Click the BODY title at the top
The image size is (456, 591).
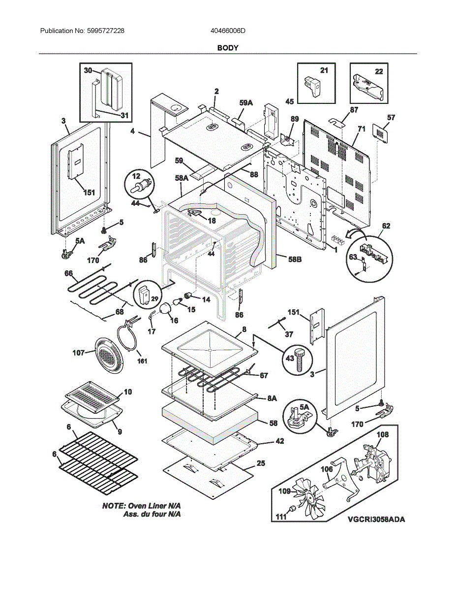point(228,48)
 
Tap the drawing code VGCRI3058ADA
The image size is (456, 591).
point(376,520)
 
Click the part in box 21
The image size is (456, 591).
point(312,87)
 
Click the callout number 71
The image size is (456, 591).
point(362,130)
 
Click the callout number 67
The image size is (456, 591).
point(264,375)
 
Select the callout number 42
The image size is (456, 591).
point(279,441)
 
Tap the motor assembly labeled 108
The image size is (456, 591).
point(375,460)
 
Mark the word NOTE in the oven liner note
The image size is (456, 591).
point(113,506)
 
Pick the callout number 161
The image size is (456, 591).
point(142,361)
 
